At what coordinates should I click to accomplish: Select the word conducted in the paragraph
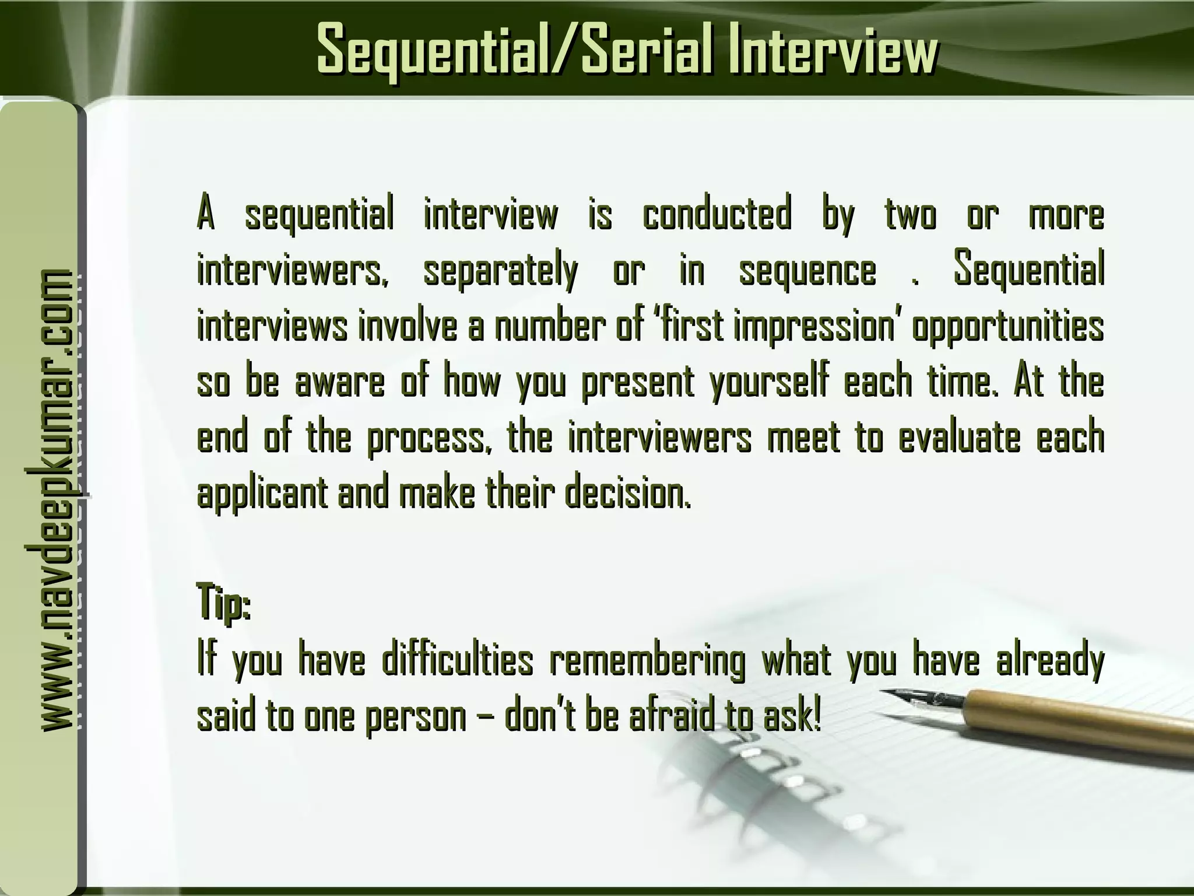tap(717, 215)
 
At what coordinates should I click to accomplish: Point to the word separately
tap(500, 271)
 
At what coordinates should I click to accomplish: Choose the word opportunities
tap(1007, 328)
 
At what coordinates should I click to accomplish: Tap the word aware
tap(340, 382)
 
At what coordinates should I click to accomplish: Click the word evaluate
tap(959, 437)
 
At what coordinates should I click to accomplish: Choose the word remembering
tap(647, 662)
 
